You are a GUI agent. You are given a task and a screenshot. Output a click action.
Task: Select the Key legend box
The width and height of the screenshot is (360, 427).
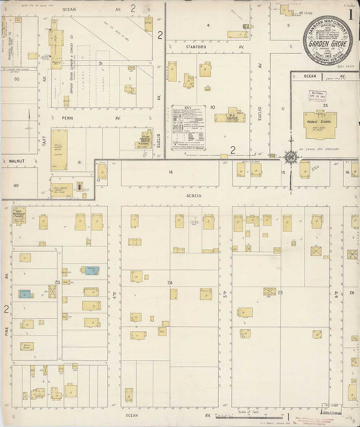[x=188, y=128]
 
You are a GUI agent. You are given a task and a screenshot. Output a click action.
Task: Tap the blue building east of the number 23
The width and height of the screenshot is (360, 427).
[x=91, y=271]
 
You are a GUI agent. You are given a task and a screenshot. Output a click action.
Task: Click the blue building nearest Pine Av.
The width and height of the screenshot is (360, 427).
[x=24, y=295]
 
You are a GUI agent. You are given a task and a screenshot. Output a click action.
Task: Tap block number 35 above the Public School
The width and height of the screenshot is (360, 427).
[x=325, y=105]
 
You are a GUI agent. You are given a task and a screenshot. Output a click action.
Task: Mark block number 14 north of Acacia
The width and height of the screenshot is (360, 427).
[x=171, y=172]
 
